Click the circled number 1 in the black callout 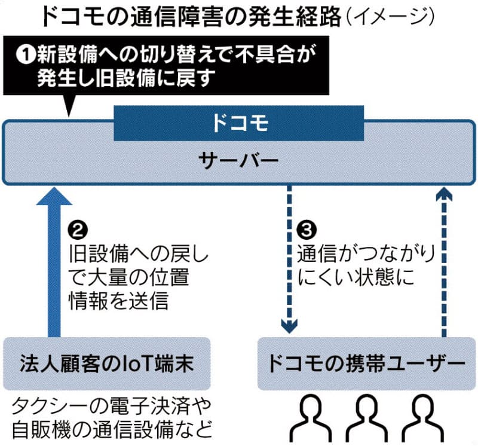click(x=23, y=55)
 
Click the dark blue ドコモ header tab click(x=238, y=124)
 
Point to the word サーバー click(x=238, y=161)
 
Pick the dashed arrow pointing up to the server click(x=442, y=263)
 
